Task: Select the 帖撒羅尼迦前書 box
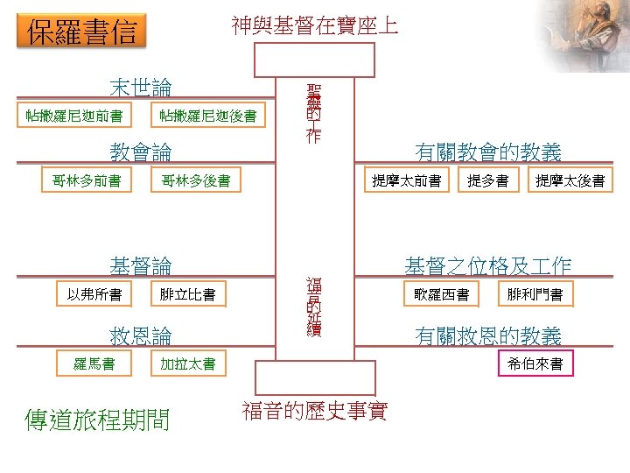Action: pos(73,116)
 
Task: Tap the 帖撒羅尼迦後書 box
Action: pos(208,116)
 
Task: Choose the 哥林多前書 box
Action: pos(87,181)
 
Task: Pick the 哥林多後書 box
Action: pos(196,181)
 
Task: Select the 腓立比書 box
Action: pos(187,294)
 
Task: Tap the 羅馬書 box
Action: pos(94,364)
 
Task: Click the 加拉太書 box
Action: pos(187,364)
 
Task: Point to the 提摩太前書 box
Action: pos(406,181)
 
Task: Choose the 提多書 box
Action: pos(488,181)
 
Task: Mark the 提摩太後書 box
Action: pos(570,181)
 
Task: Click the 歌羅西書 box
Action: pos(442,294)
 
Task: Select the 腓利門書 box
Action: pos(535,294)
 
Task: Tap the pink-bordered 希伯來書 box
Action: pos(535,364)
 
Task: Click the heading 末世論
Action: pos(140,88)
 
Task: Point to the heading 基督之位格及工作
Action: pos(487,265)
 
